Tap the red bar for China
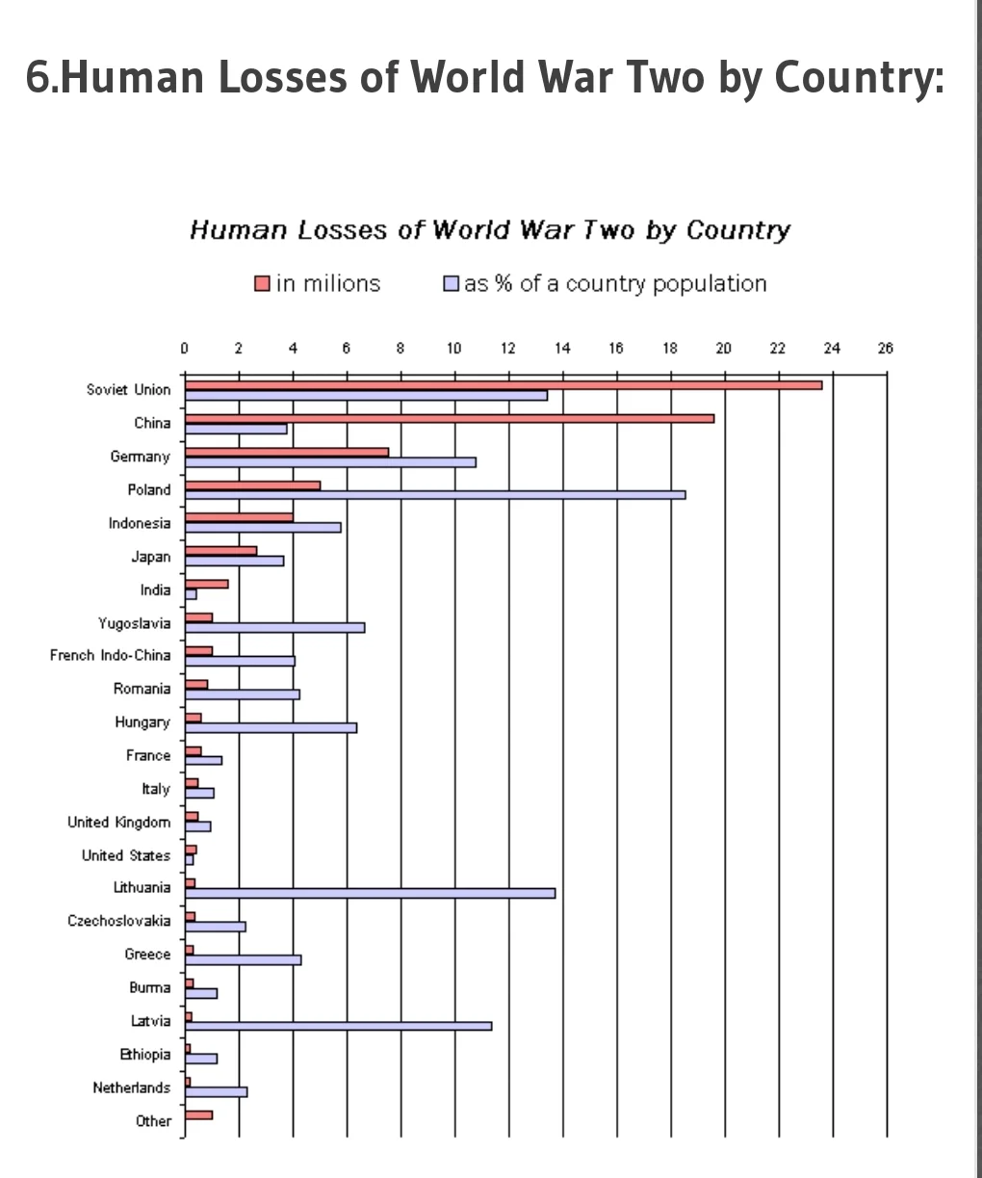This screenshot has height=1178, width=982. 449,418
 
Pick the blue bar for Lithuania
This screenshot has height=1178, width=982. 370,893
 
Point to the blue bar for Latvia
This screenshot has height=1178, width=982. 338,1026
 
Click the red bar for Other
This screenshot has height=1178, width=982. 198,1114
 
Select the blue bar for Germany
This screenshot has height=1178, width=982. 330,462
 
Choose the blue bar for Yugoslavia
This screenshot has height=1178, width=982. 274,628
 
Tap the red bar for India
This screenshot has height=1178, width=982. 206,584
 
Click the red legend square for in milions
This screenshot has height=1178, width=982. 262,284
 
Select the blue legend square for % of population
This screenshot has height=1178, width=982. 451,284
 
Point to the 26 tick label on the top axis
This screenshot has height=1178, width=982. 886,349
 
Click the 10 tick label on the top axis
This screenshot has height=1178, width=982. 453,349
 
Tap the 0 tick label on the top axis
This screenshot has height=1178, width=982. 184,349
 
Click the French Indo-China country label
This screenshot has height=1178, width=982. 110,655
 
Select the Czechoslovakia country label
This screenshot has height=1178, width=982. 118,921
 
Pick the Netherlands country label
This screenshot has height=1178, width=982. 131,1087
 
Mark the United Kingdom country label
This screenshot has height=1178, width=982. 118,822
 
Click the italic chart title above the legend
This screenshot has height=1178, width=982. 490,230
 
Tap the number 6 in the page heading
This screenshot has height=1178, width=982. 36,78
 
